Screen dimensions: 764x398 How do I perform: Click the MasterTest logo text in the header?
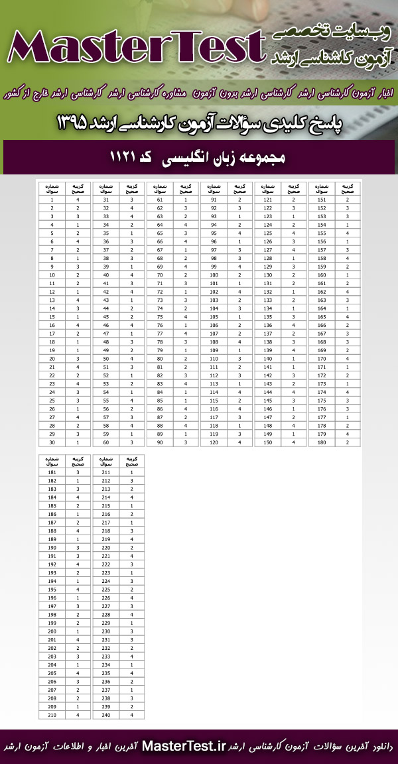pos(133,48)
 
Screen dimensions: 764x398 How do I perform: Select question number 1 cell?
pos(52,200)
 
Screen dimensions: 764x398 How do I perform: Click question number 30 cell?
pos(52,442)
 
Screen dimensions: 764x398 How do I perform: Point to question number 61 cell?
pos(160,200)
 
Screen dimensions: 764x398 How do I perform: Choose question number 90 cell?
pos(160,442)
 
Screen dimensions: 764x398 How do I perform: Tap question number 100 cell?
pos(214,275)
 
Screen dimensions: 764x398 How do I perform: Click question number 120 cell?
pos(214,442)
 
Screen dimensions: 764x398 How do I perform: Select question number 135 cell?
pos(268,316)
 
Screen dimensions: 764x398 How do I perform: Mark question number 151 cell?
pos(322,200)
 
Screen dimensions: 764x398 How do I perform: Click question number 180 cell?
pos(322,442)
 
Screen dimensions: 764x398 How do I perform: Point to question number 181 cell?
pos(52,472)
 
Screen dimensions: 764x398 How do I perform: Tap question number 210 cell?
pos(52,714)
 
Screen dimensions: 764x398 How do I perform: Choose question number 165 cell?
pos(322,316)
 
